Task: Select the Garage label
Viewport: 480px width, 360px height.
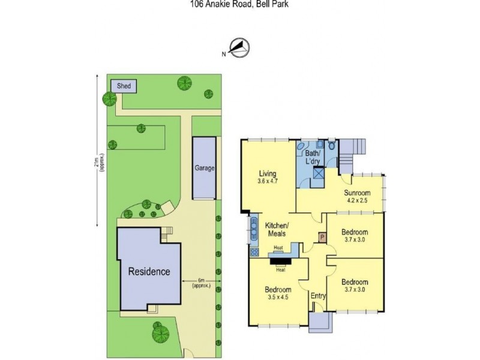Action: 204,169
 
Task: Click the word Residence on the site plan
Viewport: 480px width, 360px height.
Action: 149,271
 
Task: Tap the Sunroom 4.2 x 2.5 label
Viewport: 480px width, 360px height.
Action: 357,196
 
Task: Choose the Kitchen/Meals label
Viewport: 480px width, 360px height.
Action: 277,229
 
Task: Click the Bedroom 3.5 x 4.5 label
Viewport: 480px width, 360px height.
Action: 278,293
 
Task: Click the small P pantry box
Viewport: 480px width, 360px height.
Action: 322,238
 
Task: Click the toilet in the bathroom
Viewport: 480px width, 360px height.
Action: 331,145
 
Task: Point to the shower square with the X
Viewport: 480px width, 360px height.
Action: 320,174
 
